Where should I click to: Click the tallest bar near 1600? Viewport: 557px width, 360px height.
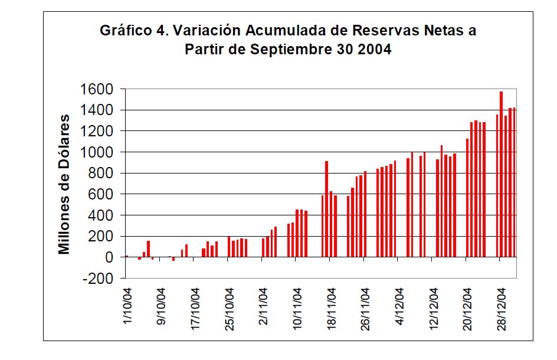[502, 174]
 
